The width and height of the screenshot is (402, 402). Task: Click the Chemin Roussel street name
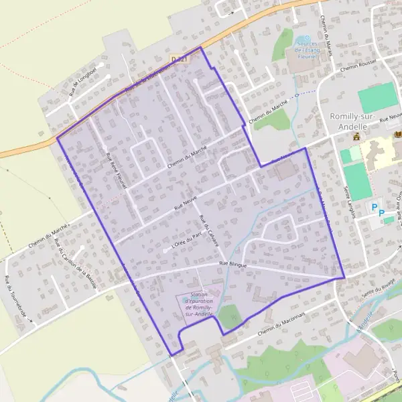click(x=360, y=65)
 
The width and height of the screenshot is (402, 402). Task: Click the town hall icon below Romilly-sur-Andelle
click(x=356, y=137)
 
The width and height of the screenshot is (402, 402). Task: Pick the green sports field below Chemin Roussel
click(x=378, y=99)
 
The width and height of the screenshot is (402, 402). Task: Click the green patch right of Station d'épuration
click(x=229, y=317)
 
